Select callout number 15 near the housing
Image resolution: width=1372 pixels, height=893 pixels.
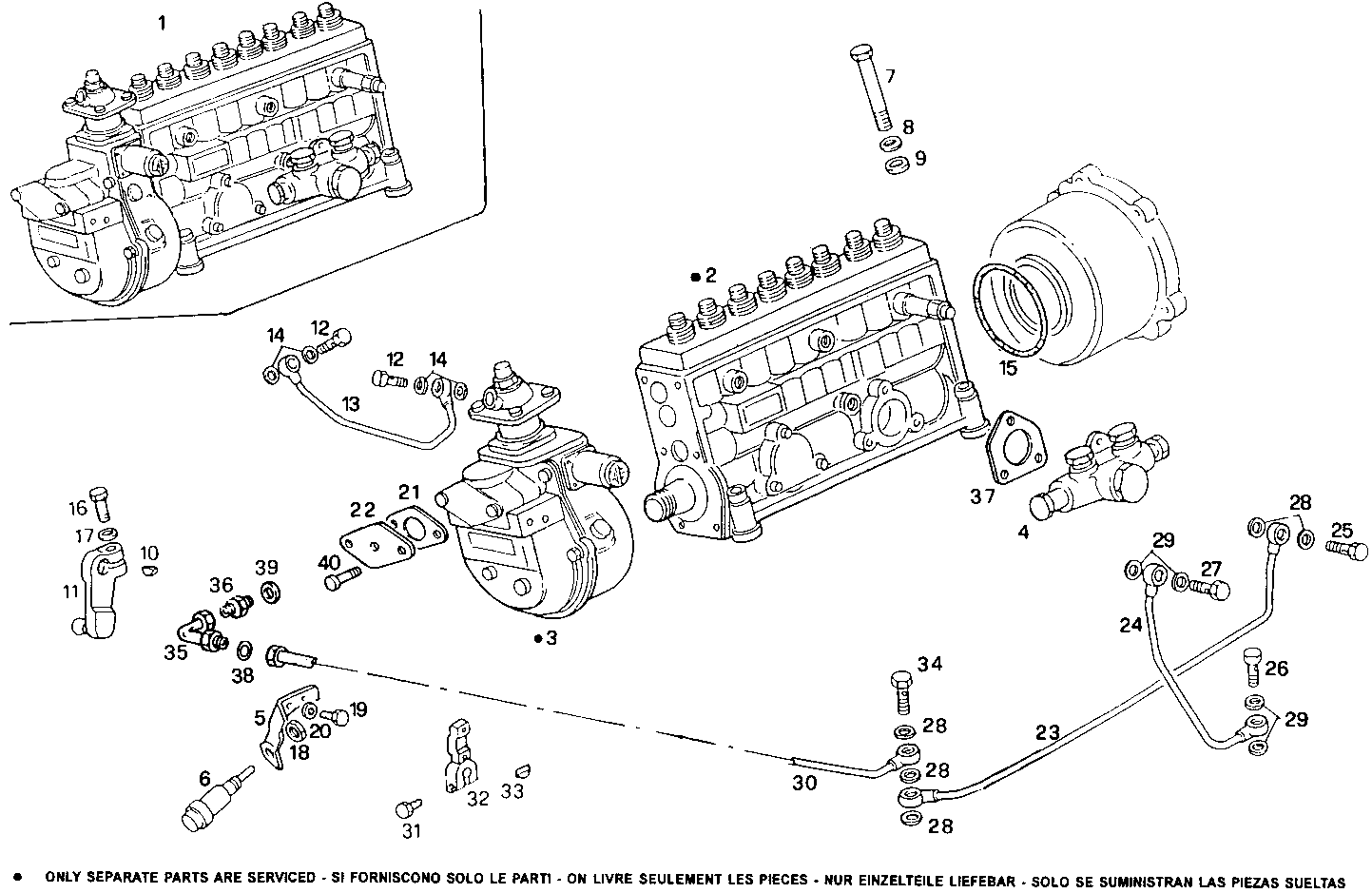tap(1006, 366)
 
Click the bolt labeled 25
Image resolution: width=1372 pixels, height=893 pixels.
tap(1341, 550)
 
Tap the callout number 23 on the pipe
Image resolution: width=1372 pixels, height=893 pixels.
tap(1047, 733)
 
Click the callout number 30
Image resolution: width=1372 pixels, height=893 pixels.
tap(804, 784)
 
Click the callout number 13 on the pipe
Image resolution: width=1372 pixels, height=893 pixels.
tap(351, 404)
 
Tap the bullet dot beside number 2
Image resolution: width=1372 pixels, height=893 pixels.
tap(696, 277)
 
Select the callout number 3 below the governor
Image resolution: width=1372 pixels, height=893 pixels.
tap(551, 638)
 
